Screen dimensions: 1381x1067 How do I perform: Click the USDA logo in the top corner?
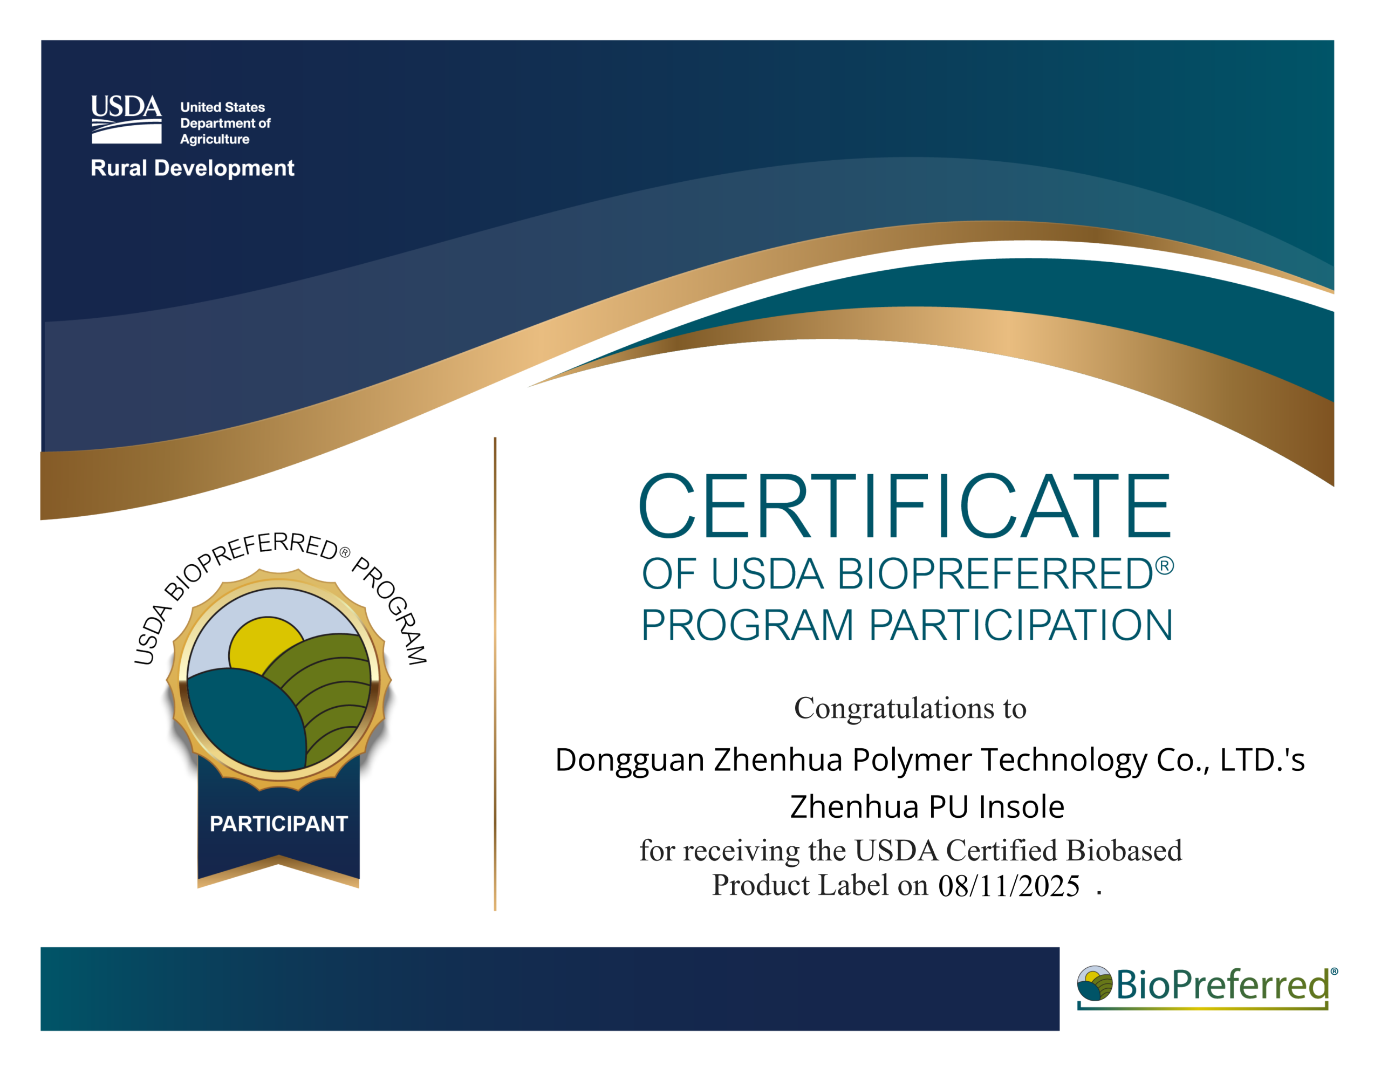click(126, 120)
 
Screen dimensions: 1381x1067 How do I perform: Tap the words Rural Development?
click(192, 168)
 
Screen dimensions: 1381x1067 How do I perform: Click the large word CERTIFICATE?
click(905, 506)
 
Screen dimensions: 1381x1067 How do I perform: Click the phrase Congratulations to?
click(910, 708)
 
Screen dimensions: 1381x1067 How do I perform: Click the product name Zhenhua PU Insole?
click(927, 806)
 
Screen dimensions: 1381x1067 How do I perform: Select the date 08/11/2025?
click(1009, 885)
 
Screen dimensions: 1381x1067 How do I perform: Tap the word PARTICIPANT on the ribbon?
click(279, 824)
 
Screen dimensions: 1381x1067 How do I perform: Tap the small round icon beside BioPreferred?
click(1095, 983)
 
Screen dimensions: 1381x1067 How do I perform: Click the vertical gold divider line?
click(495, 674)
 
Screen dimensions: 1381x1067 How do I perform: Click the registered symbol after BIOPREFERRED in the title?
click(1164, 565)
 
